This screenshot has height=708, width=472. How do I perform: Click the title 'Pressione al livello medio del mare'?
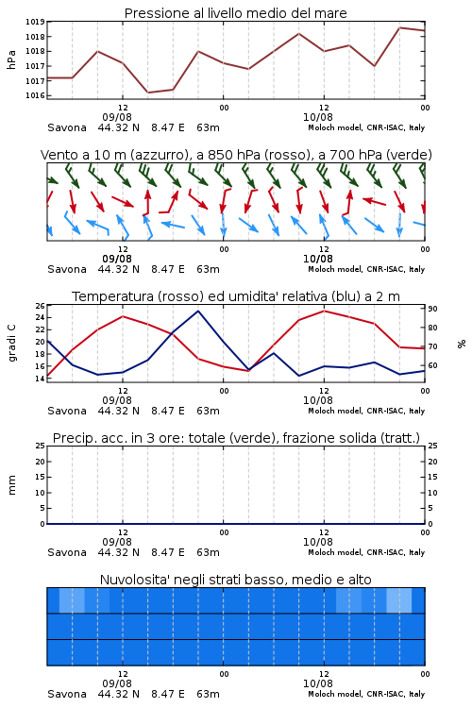click(x=235, y=13)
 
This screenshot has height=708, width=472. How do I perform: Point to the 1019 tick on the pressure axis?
click(x=35, y=22)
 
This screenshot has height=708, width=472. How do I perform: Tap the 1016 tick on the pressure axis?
click(x=35, y=95)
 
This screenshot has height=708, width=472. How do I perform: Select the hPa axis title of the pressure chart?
click(x=11, y=59)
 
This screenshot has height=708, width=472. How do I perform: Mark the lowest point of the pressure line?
click(x=147, y=93)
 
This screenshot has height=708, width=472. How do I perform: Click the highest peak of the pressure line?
click(x=399, y=27)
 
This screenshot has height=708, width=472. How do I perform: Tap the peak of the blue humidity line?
click(x=198, y=311)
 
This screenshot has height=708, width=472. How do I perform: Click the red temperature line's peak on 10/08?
click(x=325, y=311)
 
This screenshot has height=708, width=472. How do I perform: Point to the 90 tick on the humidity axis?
click(x=432, y=309)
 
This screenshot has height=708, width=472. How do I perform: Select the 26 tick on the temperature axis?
click(x=40, y=306)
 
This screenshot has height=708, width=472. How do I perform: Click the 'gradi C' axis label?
click(x=12, y=343)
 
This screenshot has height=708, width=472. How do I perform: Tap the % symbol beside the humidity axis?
click(x=462, y=344)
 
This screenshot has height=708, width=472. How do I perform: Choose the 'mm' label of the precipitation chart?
click(x=11, y=485)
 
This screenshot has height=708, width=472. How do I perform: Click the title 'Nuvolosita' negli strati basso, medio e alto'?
click(x=235, y=580)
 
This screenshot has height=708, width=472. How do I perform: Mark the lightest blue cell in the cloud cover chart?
click(x=399, y=600)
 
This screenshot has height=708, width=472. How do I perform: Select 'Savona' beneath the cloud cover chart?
click(x=67, y=694)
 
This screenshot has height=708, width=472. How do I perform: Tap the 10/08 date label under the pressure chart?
click(x=318, y=117)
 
